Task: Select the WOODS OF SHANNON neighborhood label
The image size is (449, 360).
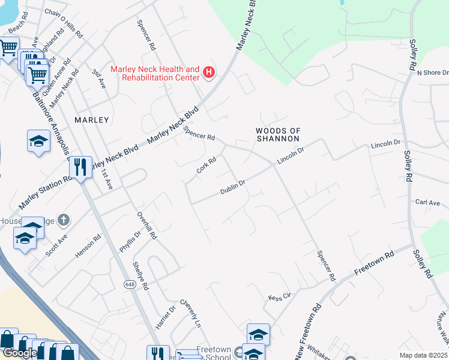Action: [x=277, y=134]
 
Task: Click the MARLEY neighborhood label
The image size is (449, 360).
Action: [x=92, y=120]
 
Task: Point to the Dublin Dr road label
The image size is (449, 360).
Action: [x=233, y=187]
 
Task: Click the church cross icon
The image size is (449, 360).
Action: [x=65, y=220]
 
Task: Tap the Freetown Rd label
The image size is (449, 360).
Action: [x=373, y=263]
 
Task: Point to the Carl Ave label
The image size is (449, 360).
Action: [x=428, y=203]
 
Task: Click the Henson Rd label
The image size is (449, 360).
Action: [x=88, y=246]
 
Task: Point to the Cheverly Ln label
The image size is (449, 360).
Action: [x=190, y=313]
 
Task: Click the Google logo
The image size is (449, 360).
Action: [x=20, y=353]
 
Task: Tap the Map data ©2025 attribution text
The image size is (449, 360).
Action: [x=424, y=355]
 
